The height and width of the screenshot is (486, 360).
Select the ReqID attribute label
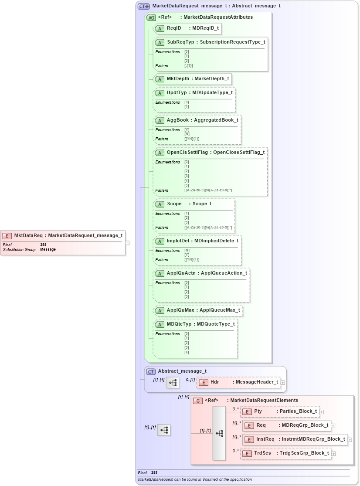[x=174, y=28]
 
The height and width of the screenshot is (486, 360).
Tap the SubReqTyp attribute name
[x=180, y=42]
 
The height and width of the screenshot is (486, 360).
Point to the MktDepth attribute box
[x=192, y=79]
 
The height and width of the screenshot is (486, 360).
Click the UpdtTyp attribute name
[x=177, y=93]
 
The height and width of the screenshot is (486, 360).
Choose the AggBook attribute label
[x=177, y=120]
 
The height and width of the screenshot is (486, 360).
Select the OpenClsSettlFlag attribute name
[x=187, y=153]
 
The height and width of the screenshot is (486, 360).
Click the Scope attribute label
[x=174, y=204]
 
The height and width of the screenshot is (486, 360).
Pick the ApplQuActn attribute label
[x=181, y=273]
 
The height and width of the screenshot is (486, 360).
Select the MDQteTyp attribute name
[x=179, y=324]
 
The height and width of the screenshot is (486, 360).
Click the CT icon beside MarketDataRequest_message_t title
[x=143, y=6]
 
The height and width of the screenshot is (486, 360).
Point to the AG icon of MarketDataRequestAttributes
[x=151, y=17]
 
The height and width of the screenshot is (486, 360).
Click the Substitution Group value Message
[x=48, y=250]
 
